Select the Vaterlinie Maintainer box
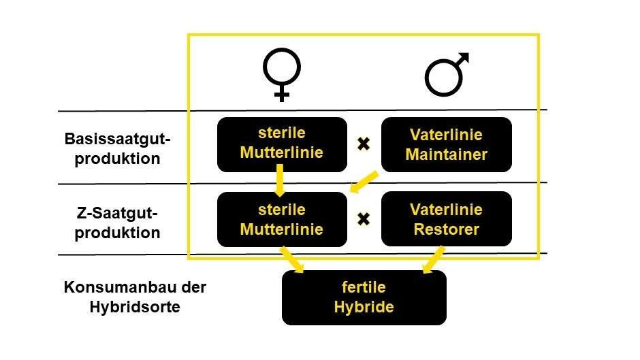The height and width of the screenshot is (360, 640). tap(446, 144)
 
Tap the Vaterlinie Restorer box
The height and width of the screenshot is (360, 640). tap(446, 219)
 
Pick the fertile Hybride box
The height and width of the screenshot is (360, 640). tap(364, 297)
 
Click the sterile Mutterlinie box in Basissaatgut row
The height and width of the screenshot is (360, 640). tap(282, 144)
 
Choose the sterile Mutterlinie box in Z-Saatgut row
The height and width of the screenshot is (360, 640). tap(282, 219)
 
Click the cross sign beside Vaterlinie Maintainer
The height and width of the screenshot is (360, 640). tap(364, 144)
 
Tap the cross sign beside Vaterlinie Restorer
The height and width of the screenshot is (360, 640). tap(364, 219)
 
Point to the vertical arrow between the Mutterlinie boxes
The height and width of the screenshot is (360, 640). tap(280, 181)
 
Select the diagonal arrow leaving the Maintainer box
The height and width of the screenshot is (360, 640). tap(364, 182)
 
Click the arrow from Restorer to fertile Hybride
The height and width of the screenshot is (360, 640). tap(433, 259)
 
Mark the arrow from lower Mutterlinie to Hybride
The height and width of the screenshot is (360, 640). tap(292, 259)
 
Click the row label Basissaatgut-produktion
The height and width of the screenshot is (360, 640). tap(117, 148)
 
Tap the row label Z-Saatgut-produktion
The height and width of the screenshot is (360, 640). tap(117, 223)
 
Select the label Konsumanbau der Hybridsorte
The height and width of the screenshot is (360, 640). tap(135, 297)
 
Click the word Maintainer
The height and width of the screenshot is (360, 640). tap(446, 154)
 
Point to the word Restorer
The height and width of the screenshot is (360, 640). tap(446, 229)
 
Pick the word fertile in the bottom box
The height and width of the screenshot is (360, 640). tap(364, 287)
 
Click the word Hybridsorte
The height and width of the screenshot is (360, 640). tap(135, 306)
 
